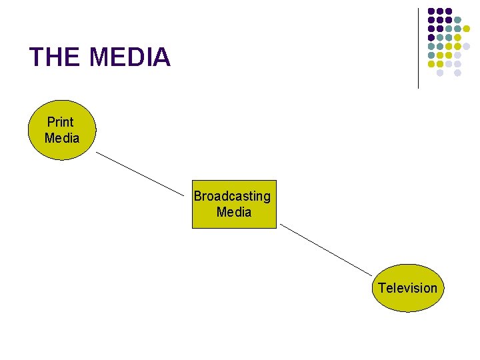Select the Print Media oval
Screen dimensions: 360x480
tap(61, 130)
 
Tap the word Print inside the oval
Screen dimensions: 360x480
tap(60, 122)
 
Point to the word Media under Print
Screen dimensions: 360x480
tap(62, 138)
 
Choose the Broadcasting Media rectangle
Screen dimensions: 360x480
tap(233, 204)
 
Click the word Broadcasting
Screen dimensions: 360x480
tap(232, 196)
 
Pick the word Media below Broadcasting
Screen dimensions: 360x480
tap(234, 212)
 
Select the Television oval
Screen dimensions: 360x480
tap(407, 288)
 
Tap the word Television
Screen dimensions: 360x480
tap(407, 288)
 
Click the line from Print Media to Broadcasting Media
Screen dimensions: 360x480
tap(140, 174)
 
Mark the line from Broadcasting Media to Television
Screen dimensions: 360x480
tap(326, 249)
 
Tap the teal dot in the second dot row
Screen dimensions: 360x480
tap(457, 19)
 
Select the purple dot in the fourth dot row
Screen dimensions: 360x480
tap(431, 37)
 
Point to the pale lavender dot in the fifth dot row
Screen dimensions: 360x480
tap(466, 46)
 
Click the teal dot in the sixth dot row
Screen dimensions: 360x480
tap(431, 55)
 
